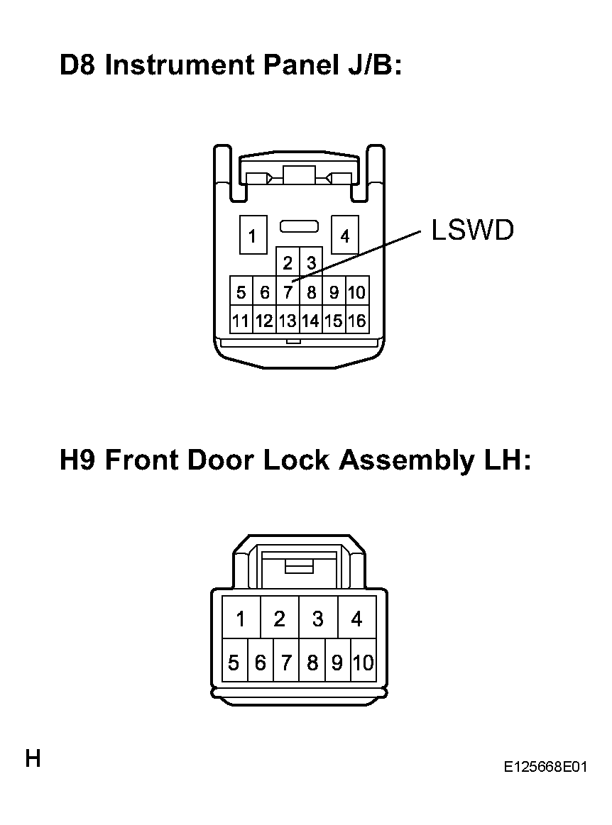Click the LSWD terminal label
click(472, 230)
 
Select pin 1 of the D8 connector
click(253, 235)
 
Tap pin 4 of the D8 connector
click(345, 235)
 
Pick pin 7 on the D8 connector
click(288, 291)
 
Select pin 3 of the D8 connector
click(311, 262)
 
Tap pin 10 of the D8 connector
click(357, 291)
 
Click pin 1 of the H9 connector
click(241, 618)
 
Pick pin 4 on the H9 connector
click(357, 618)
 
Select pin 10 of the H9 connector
click(364, 661)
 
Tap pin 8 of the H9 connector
click(312, 661)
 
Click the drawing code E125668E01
click(545, 767)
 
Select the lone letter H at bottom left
click(33, 759)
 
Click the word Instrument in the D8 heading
click(180, 65)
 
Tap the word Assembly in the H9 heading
click(406, 460)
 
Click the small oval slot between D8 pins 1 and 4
click(299, 226)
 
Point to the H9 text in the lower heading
click(77, 460)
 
